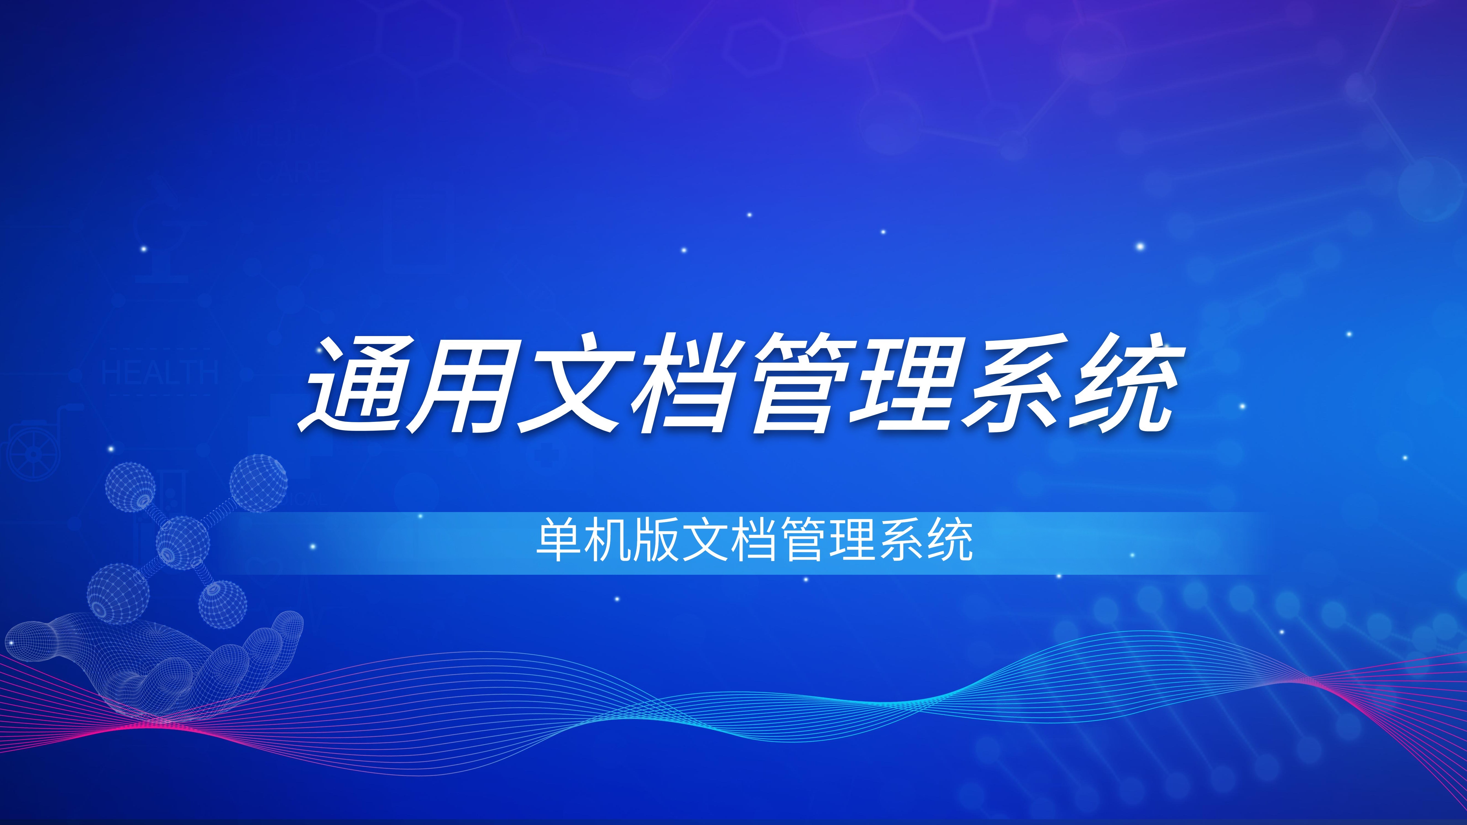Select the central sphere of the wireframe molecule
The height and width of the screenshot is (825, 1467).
(182, 543)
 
